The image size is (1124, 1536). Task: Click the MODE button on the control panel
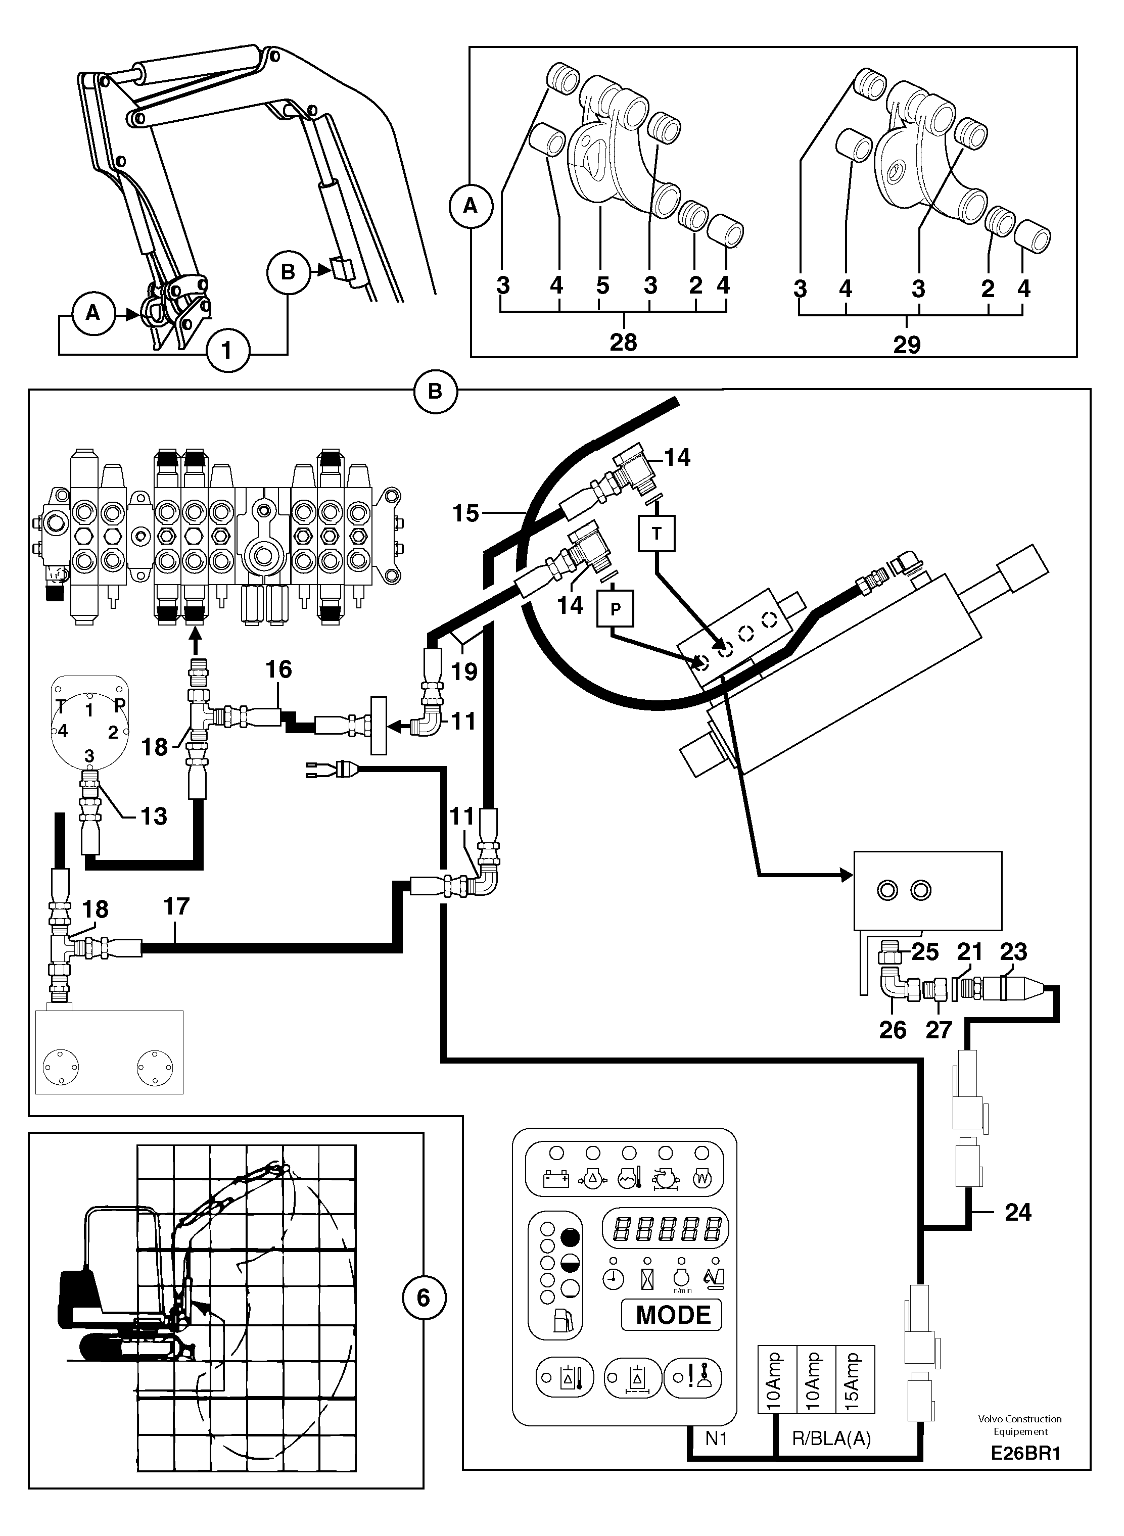tap(672, 1315)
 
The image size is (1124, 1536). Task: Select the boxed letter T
tap(657, 534)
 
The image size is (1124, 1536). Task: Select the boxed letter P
tap(615, 609)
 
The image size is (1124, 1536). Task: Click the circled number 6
tap(423, 1298)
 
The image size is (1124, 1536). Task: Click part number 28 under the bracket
tap(623, 342)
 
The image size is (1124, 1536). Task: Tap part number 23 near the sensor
tap(1013, 952)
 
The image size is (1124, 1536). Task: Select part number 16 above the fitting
tap(278, 669)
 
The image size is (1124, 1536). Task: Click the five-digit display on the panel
tap(665, 1228)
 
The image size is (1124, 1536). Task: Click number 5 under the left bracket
tap(602, 285)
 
